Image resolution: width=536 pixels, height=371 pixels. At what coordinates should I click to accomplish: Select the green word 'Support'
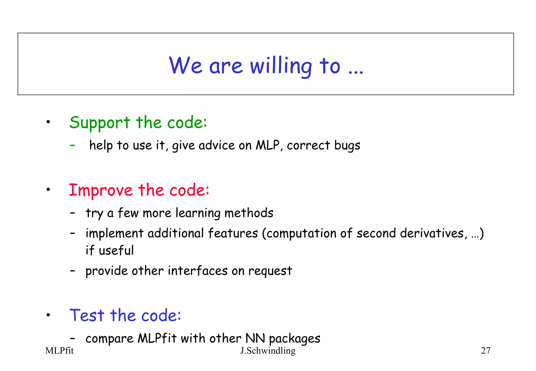point(100,123)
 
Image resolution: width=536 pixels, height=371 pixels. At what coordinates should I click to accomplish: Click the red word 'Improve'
point(101,190)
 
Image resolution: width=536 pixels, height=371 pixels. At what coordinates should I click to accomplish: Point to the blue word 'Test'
point(87,315)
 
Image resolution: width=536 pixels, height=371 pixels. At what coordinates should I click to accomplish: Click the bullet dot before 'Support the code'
point(48,122)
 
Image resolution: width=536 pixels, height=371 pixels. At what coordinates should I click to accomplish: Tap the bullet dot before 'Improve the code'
point(48,189)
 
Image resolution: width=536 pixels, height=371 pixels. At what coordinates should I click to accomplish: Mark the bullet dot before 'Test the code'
point(48,315)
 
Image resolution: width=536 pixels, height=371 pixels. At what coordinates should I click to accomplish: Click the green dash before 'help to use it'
point(72,145)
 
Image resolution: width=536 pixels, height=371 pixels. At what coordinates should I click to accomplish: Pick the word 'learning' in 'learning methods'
point(198,213)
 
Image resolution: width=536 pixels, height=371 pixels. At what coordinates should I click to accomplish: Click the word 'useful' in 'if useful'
point(116,250)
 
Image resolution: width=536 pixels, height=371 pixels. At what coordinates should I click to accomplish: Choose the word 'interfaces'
point(198,271)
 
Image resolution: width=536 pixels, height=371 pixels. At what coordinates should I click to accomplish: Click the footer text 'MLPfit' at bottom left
point(59,351)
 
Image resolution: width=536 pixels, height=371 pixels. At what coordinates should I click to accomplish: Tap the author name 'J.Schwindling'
point(268,351)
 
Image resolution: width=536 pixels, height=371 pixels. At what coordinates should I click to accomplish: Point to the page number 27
point(485,351)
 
